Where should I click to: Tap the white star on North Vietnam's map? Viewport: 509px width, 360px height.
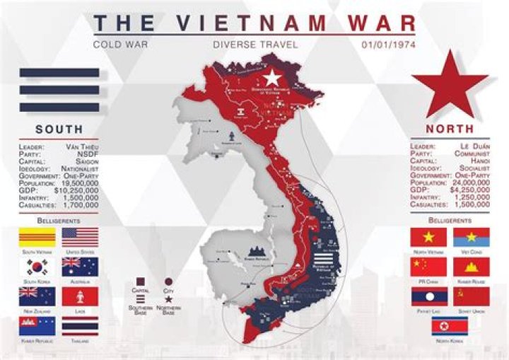(272, 78)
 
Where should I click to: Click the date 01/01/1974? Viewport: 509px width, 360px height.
(388, 45)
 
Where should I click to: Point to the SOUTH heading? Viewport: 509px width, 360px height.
(59, 129)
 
